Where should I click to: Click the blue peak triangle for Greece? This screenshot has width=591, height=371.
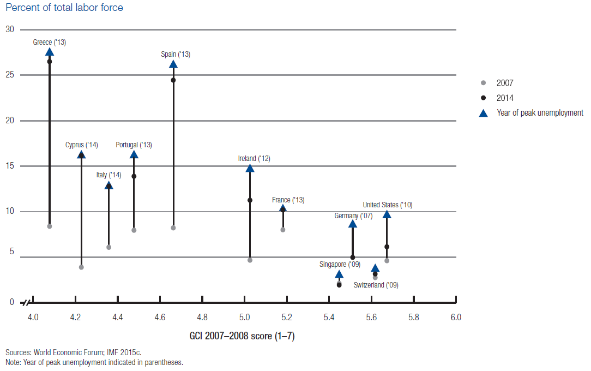[x=50, y=52]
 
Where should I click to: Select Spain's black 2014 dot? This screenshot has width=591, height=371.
[x=173, y=80]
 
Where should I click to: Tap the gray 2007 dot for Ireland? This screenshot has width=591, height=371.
[x=250, y=260]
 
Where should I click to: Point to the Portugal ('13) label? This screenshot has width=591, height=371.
[x=134, y=145]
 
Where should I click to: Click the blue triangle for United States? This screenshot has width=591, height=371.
[x=387, y=214]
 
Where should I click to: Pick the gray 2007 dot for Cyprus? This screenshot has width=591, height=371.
[x=81, y=267]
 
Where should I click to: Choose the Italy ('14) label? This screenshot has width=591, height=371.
[x=108, y=175]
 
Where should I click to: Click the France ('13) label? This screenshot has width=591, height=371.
[x=288, y=200]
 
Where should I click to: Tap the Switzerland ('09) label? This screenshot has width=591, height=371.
[x=376, y=285]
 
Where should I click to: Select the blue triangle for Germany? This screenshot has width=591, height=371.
[x=353, y=224]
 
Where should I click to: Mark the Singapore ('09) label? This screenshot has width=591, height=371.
[x=340, y=265]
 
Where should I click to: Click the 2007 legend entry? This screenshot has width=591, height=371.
[x=504, y=83]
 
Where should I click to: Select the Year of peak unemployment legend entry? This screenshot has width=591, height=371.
[x=539, y=113]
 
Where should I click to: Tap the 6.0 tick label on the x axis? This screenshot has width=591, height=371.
[x=456, y=317]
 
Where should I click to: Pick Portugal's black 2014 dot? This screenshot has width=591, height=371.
[x=134, y=176]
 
